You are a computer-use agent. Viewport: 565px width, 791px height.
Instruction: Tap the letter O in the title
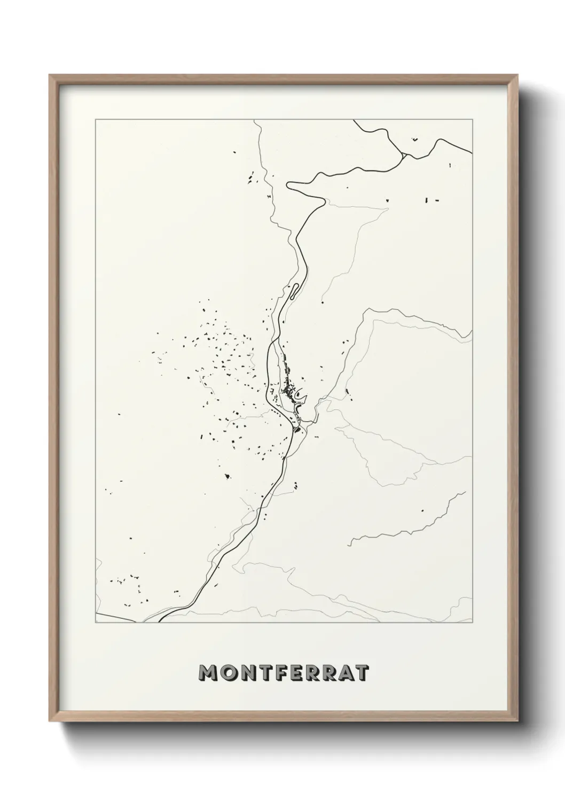coord(227,673)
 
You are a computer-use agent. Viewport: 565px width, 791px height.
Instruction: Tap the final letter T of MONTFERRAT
coord(361,673)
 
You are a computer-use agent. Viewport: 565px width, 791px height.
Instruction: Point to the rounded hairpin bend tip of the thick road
coord(289,185)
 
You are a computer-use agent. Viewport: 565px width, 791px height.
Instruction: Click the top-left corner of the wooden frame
coord(50,75)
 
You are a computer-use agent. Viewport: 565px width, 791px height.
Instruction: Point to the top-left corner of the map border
coord(96,120)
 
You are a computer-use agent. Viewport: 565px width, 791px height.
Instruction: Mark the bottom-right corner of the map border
coord(472,622)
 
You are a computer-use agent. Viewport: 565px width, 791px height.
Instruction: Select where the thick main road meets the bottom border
coord(160,622)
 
